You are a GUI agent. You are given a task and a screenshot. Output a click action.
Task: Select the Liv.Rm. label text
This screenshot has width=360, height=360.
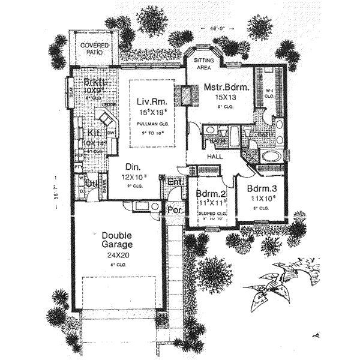coord(152,101)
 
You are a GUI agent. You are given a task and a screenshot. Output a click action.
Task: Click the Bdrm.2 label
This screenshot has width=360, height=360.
coord(210,194)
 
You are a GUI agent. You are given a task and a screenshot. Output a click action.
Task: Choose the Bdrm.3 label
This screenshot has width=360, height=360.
coord(261,188)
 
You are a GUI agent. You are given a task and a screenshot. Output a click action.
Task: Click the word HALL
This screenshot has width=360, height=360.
coord(215,157)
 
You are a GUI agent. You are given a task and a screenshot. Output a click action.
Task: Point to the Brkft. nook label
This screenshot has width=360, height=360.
coord(95,82)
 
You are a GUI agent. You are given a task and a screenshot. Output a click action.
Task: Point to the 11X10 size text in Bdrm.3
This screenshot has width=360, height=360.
coord(261,198)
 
